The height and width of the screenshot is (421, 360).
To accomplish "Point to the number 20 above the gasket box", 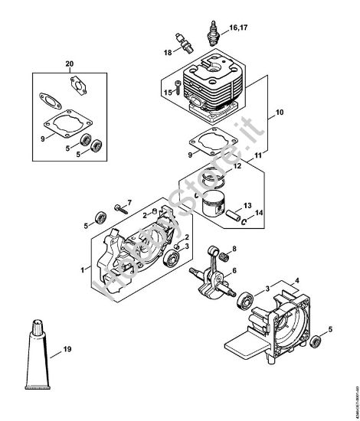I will (70, 63).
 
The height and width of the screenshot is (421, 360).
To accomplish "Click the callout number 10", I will (279, 113).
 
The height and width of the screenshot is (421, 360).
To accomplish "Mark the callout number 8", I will (234, 250).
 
